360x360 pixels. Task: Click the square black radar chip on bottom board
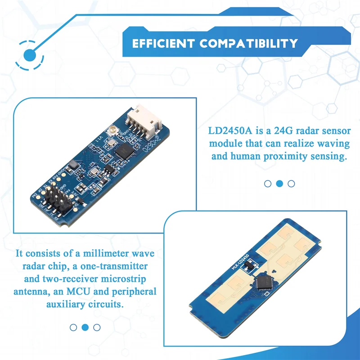[263, 282]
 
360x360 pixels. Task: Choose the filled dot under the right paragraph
[279, 184]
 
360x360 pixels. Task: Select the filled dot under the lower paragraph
[85, 327]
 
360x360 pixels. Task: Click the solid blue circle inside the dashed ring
[30, 55]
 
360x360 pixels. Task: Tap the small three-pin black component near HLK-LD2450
[246, 268]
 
